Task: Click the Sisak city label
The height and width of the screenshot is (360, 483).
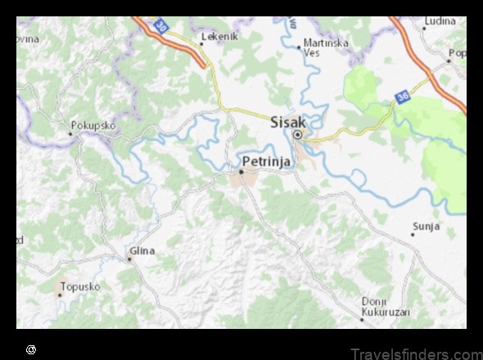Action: click(287, 121)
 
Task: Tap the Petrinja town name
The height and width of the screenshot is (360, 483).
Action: click(266, 161)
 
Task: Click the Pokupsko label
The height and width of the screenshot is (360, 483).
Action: click(93, 125)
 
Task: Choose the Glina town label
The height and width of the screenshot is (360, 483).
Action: click(141, 250)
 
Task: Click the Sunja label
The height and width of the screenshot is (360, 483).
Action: click(426, 226)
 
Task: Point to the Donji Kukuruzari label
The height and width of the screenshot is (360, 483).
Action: click(385, 305)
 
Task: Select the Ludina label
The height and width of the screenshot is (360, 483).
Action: click(440, 20)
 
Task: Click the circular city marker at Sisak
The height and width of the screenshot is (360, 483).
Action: click(298, 135)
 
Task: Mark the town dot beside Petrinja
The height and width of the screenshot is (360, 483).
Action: click(241, 172)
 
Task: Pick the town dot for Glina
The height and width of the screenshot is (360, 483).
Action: click(129, 259)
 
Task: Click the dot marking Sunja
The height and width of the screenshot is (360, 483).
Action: click(413, 235)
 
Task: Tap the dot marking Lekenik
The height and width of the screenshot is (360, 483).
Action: click(202, 43)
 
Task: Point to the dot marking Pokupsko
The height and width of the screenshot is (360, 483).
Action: click(69, 132)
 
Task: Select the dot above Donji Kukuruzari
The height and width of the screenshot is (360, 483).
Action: click(361, 298)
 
